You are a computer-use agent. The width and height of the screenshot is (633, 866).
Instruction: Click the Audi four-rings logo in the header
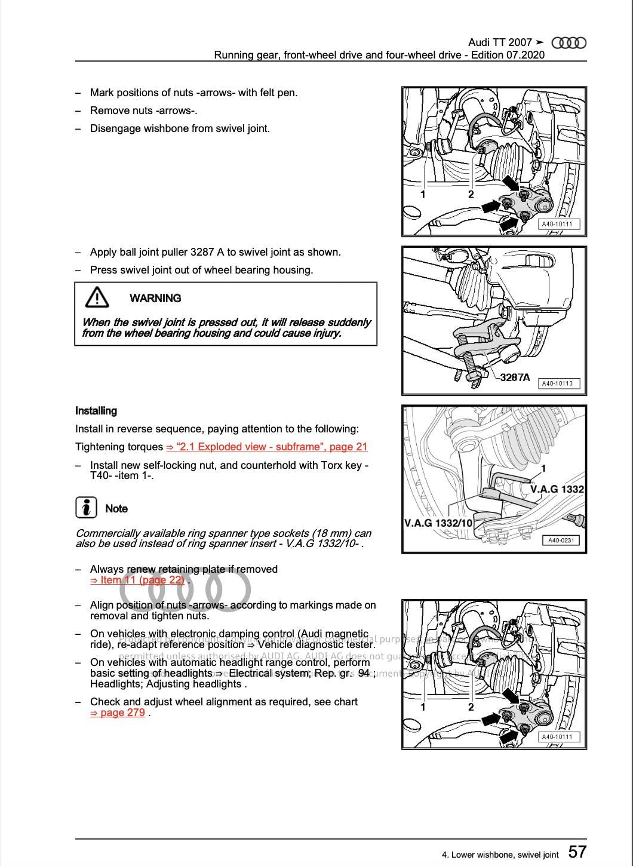(x=569, y=42)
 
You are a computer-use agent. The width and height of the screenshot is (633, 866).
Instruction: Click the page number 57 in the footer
(x=577, y=851)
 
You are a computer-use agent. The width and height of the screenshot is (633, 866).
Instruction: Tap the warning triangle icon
(x=97, y=297)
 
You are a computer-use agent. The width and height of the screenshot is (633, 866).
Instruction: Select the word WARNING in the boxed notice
(x=155, y=298)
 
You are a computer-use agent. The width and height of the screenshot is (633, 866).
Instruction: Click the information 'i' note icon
(x=86, y=508)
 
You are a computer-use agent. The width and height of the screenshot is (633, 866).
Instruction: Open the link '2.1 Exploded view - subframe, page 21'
(x=267, y=447)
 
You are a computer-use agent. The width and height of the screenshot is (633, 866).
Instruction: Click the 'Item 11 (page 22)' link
(x=137, y=580)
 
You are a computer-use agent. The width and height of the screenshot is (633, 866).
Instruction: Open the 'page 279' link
(x=118, y=713)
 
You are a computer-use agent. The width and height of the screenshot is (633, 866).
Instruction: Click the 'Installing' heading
(x=96, y=411)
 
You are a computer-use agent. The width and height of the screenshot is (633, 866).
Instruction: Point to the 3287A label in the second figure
(x=515, y=377)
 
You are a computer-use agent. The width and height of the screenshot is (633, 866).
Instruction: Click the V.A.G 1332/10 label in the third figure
(x=438, y=523)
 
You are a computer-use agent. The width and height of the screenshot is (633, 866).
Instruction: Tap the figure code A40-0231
(x=560, y=541)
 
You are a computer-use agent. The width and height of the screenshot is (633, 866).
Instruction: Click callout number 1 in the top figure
(x=423, y=194)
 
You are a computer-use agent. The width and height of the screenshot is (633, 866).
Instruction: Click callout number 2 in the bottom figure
(x=471, y=707)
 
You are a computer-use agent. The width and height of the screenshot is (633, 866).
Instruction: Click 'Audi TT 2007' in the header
(x=500, y=42)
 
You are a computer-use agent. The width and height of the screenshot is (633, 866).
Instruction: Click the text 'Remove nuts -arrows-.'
(x=144, y=110)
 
